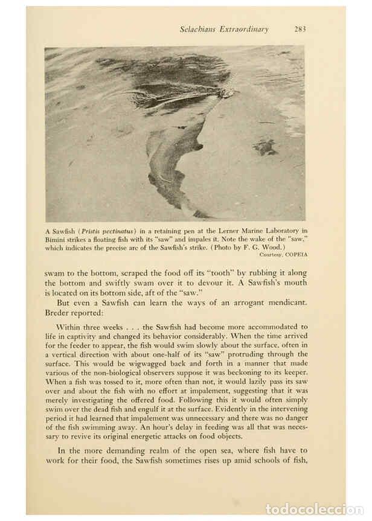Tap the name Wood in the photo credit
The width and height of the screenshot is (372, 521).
coord(275,247)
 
